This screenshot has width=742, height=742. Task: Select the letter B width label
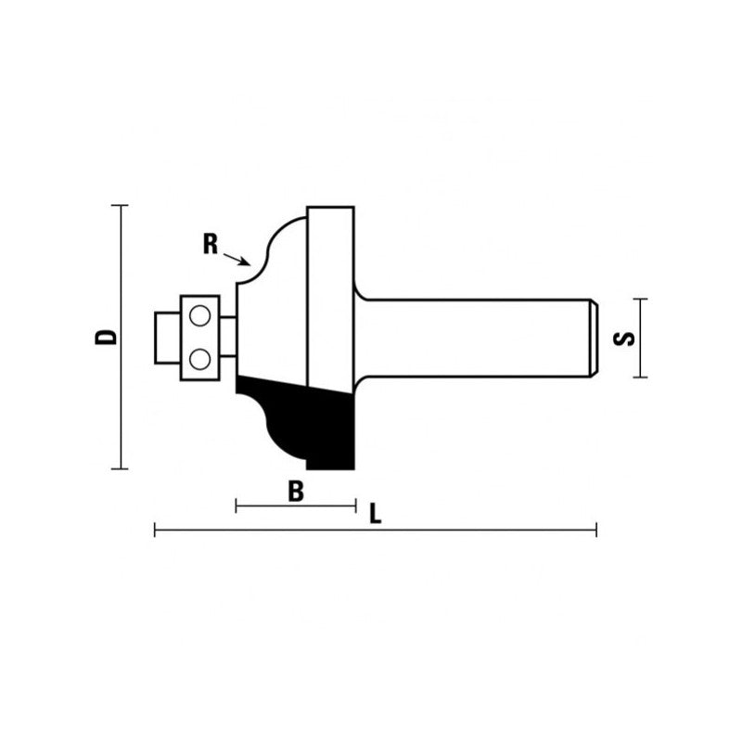(x=296, y=493)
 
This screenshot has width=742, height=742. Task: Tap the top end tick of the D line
(x=119, y=205)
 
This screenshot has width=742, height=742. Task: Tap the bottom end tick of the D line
(x=119, y=469)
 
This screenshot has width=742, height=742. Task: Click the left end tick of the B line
(x=237, y=506)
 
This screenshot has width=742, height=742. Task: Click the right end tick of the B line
(x=356, y=506)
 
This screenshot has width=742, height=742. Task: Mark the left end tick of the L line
(x=155, y=531)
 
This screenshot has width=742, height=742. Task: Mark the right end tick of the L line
(x=596, y=531)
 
